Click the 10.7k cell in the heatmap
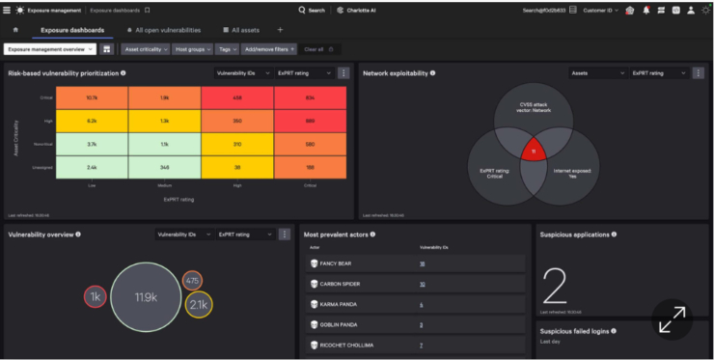92,97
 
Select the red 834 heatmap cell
310,97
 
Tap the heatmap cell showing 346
164,167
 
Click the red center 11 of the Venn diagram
529,152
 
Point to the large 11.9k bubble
146,296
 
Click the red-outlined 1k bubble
96,297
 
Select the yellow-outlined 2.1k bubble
199,305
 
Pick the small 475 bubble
192,281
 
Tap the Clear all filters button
314,48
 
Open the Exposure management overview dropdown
48,48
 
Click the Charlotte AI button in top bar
360,10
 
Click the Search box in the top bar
312,10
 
